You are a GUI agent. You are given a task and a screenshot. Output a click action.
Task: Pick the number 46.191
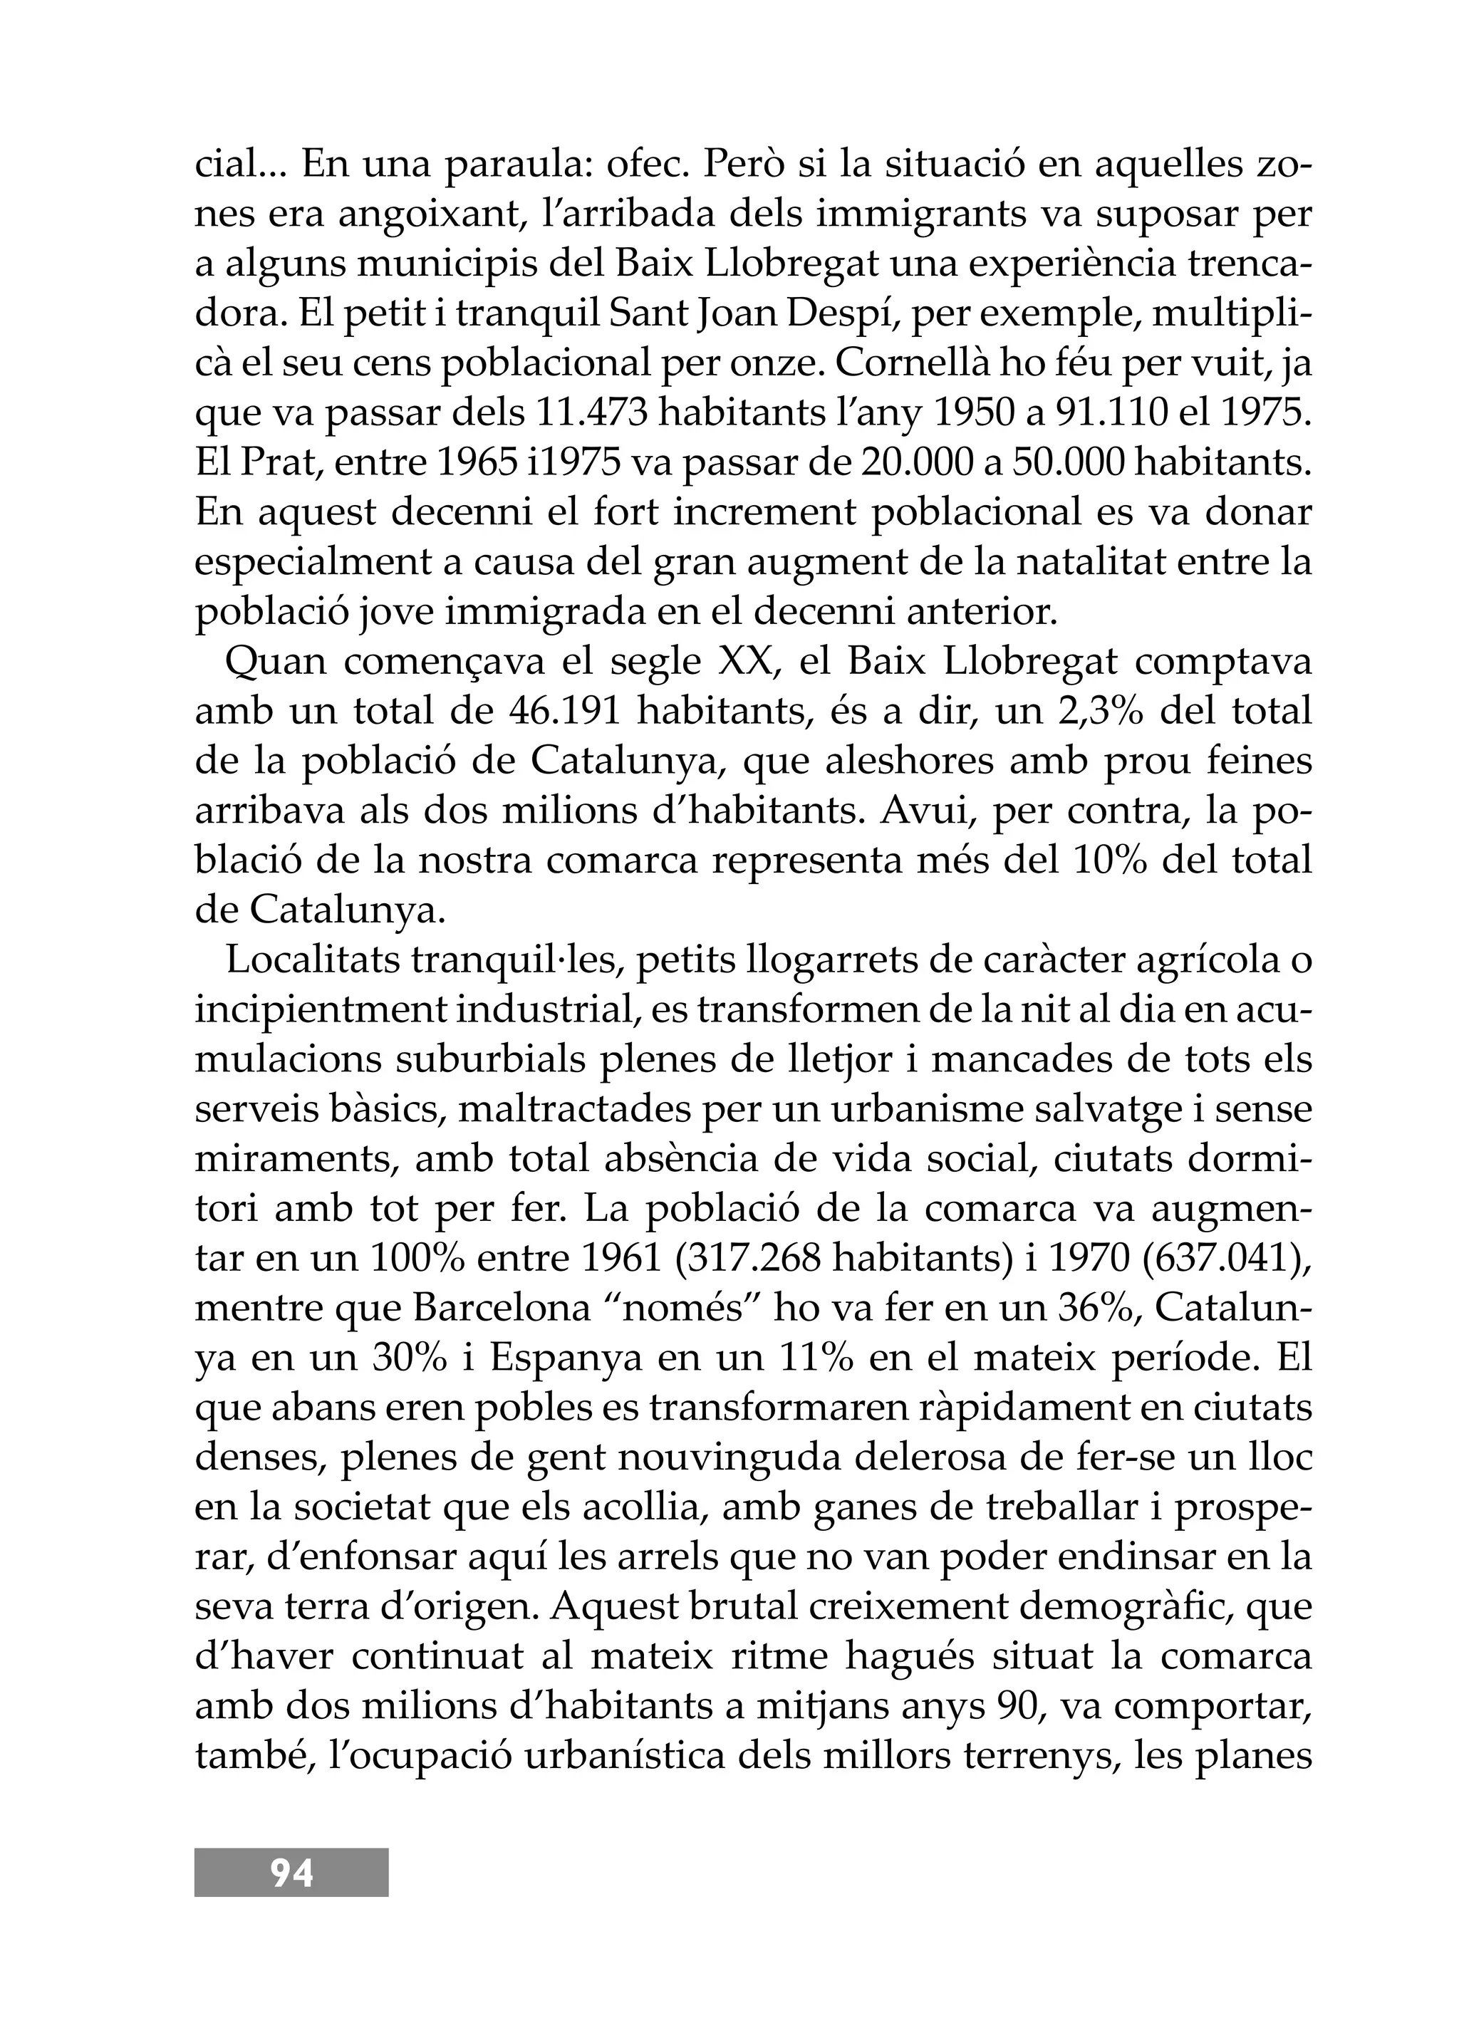(566, 712)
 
